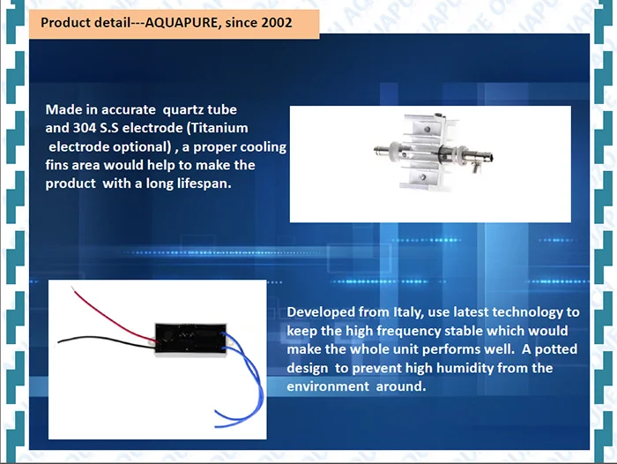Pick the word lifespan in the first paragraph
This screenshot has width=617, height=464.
pyautogui.click(x=212, y=183)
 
